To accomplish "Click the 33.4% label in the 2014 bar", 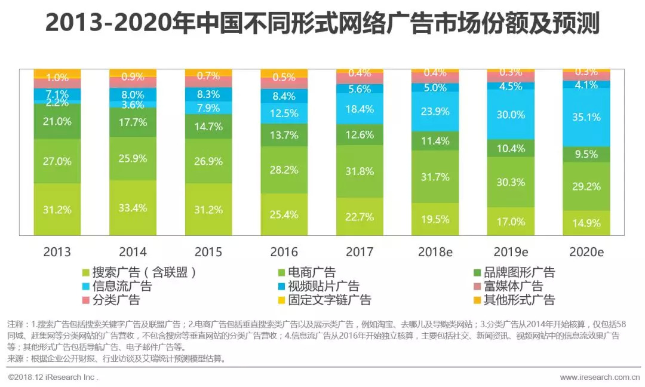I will [x=133, y=208].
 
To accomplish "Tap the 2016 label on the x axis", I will [x=284, y=252].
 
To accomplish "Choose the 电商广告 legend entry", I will [x=311, y=272].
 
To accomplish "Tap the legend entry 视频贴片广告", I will [x=323, y=286].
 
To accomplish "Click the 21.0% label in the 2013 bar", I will [x=57, y=121].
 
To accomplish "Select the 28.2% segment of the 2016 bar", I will [x=284, y=170].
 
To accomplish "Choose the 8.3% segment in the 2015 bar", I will [x=208, y=94].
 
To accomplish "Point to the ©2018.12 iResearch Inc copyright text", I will [x=53, y=377].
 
